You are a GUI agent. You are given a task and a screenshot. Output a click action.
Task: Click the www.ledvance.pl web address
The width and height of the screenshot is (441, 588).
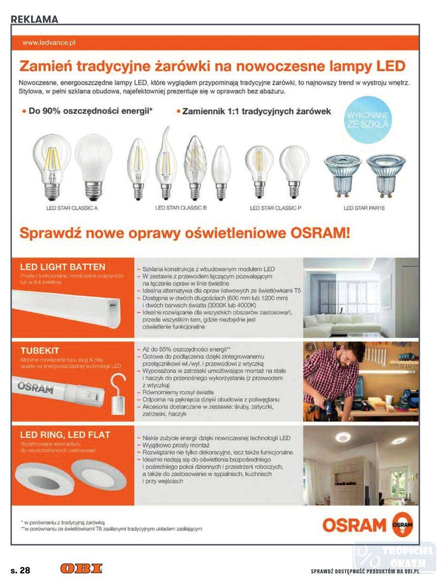pyautogui.click(x=49, y=42)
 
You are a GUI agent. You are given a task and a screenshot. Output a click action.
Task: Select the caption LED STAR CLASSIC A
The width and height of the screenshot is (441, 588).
pyautogui.click(x=72, y=207)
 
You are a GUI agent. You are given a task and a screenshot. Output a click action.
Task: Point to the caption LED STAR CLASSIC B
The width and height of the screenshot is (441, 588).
pyautogui.click(x=181, y=207)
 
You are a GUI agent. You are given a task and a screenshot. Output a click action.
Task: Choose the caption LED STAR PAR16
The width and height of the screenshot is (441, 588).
pyautogui.click(x=364, y=207)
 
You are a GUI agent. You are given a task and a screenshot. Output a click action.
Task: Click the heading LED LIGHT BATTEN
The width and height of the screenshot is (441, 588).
pyautogui.click(x=63, y=267)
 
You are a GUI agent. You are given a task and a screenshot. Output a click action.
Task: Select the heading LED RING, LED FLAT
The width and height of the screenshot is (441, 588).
pyautogui.click(x=65, y=434)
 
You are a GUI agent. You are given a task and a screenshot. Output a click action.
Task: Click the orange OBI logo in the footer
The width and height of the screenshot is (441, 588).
pyautogui.click(x=81, y=569)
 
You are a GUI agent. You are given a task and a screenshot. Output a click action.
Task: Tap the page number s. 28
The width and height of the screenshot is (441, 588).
pyautogui.click(x=20, y=570)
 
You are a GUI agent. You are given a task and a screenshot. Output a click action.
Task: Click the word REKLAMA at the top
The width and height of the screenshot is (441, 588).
pyautogui.click(x=34, y=19)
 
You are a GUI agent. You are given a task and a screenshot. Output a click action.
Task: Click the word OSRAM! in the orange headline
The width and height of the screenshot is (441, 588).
pyautogui.click(x=318, y=233)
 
